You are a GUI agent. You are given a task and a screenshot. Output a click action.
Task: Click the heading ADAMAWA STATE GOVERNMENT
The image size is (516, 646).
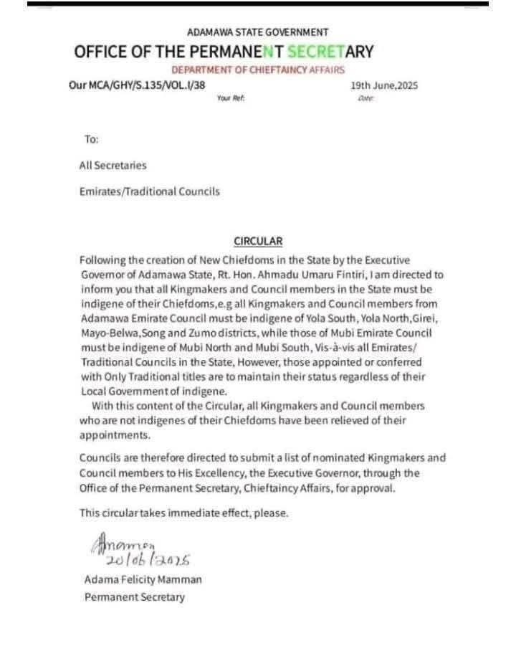(257, 32)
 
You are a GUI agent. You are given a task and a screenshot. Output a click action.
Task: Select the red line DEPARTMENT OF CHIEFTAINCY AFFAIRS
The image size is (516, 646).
(257, 70)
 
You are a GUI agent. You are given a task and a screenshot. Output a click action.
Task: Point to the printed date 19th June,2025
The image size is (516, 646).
(384, 86)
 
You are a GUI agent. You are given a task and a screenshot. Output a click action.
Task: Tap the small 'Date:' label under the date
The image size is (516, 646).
(365, 98)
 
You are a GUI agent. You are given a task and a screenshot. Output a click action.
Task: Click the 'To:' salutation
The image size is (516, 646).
(91, 139)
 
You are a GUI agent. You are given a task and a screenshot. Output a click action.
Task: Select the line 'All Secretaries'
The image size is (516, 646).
(113, 166)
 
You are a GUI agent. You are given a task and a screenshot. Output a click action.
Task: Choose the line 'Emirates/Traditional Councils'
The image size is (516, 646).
(149, 191)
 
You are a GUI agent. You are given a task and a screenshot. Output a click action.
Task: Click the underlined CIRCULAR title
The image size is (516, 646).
(258, 242)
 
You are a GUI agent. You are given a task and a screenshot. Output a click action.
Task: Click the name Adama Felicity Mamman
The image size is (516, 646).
(143, 579)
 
